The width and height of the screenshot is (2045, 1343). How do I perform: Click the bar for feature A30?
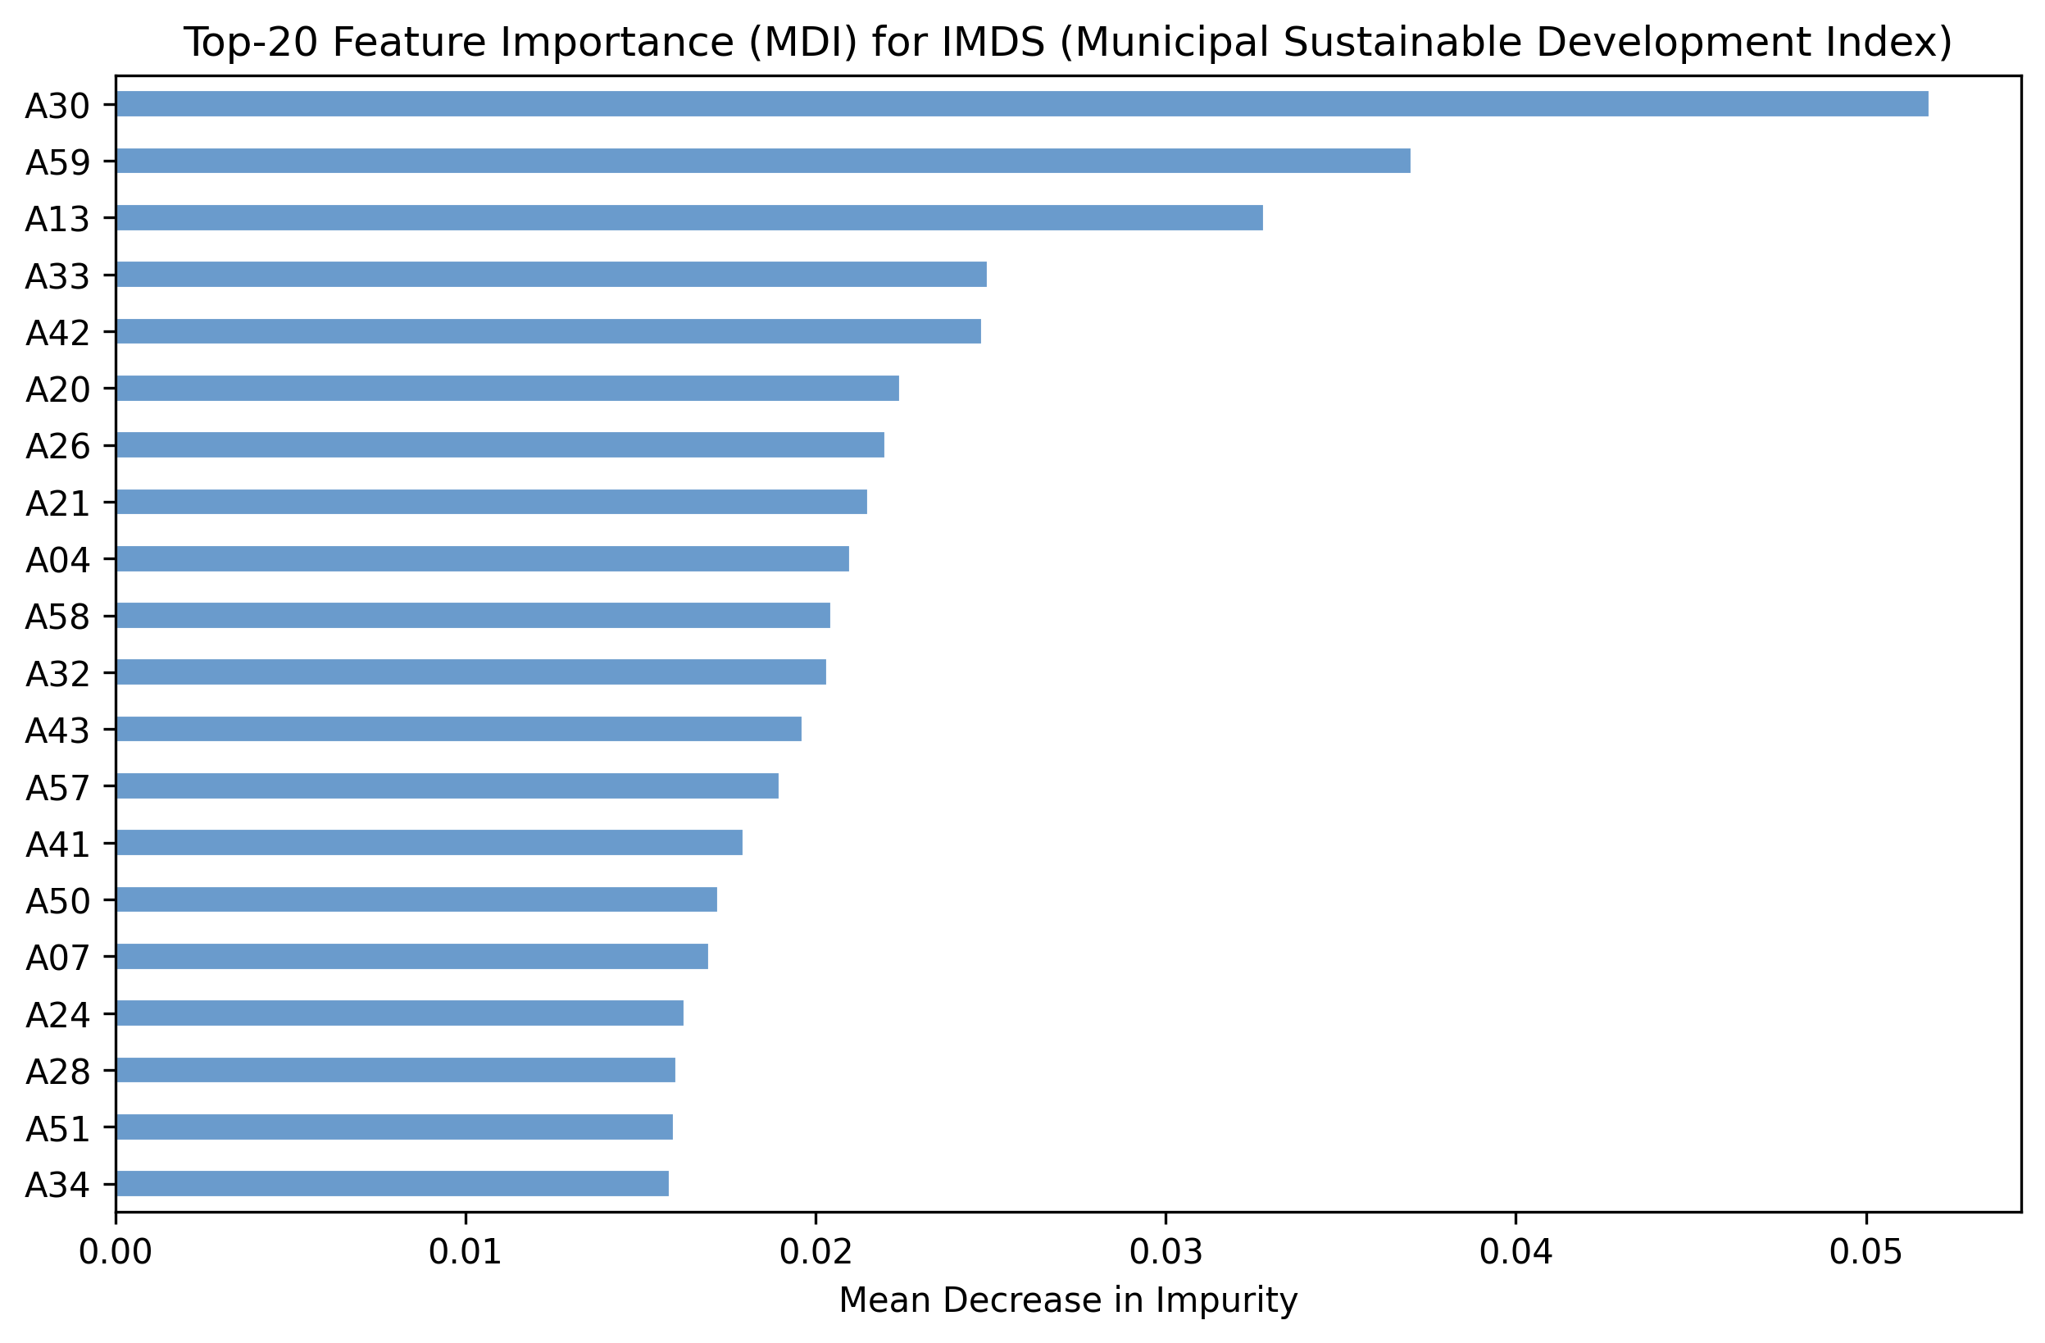point(1023,104)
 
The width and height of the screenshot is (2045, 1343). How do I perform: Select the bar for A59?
point(763,161)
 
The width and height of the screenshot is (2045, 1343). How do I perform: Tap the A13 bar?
point(689,218)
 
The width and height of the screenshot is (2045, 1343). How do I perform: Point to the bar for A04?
point(482,559)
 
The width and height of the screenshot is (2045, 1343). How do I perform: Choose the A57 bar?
point(447,786)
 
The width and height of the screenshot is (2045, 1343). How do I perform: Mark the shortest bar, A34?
point(392,1184)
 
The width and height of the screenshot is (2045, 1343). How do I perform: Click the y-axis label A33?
point(57,276)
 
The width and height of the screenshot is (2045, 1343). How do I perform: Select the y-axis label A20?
point(57,390)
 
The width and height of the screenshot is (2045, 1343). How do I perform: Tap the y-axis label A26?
point(57,447)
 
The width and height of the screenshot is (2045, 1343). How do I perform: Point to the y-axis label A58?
point(57,617)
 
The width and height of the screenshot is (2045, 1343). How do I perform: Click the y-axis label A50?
point(57,901)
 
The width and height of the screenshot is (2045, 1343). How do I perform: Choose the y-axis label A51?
point(57,1129)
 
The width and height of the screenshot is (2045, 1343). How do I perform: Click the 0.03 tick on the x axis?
point(1166,1254)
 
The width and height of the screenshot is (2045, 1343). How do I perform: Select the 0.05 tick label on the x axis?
point(1865,1254)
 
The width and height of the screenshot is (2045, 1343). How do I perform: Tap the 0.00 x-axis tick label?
point(115,1254)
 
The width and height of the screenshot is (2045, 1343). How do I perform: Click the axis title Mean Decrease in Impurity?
point(1068,1301)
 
